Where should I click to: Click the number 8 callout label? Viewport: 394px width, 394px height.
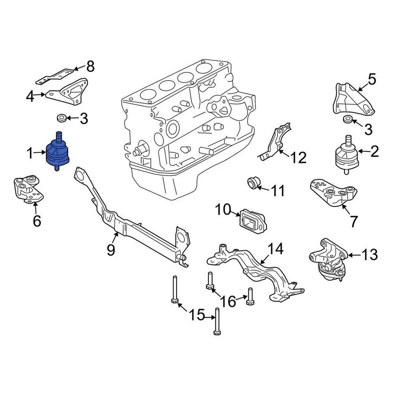pyautogui.click(x=90, y=66)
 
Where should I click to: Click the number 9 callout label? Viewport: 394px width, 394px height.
pyautogui.click(x=111, y=249)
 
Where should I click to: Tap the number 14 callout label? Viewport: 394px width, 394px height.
pyautogui.click(x=276, y=249)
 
